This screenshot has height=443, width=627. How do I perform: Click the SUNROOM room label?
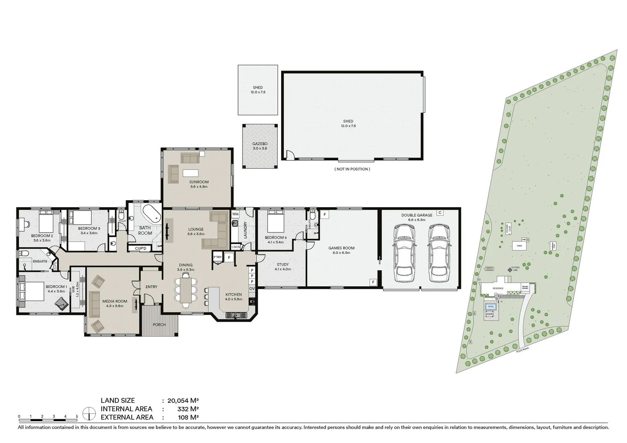point(199,182)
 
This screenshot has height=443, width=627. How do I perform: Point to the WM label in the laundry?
point(235,214)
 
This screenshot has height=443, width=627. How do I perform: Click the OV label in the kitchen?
point(252,288)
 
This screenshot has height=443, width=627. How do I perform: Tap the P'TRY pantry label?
point(217,257)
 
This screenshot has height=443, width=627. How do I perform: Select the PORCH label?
point(159,324)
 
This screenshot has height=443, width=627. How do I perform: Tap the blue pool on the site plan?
point(490,306)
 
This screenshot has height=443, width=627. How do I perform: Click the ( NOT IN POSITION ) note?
point(352,169)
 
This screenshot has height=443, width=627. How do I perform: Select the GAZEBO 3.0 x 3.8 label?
point(259,146)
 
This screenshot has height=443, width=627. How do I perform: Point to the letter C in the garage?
point(439,212)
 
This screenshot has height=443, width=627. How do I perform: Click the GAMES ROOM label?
point(341,248)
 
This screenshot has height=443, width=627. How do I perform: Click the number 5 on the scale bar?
point(77,416)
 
